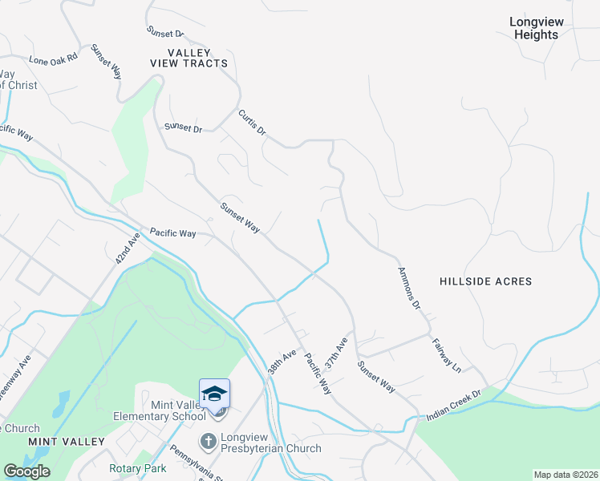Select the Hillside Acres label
486,281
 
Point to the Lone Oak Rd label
53,59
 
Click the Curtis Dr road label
251,123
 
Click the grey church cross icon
208,440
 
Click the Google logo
26,471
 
